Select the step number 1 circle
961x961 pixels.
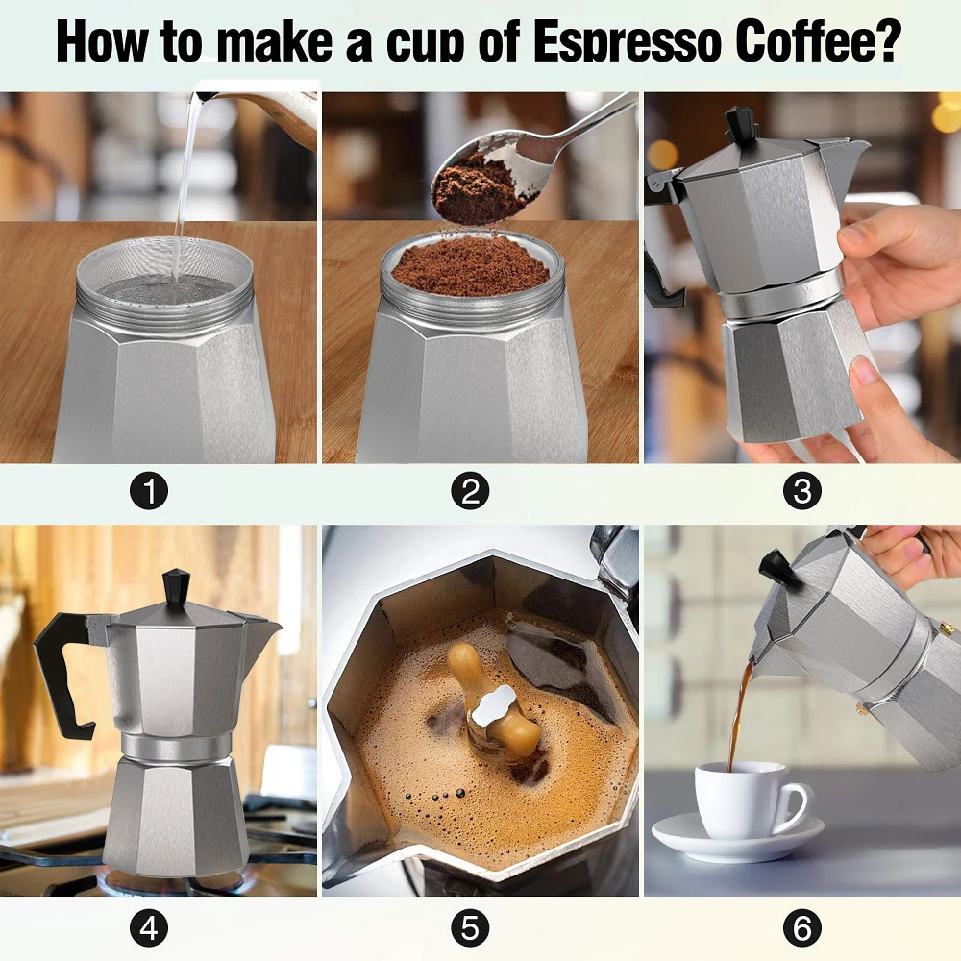click(x=149, y=492)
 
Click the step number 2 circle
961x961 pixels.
click(x=470, y=492)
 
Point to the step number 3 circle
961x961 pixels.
click(x=801, y=492)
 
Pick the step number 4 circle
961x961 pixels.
click(x=149, y=928)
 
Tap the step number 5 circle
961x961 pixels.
click(x=470, y=928)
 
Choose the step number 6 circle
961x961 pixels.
click(x=801, y=928)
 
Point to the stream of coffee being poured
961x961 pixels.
click(x=741, y=711)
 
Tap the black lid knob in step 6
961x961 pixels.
click(x=777, y=567)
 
